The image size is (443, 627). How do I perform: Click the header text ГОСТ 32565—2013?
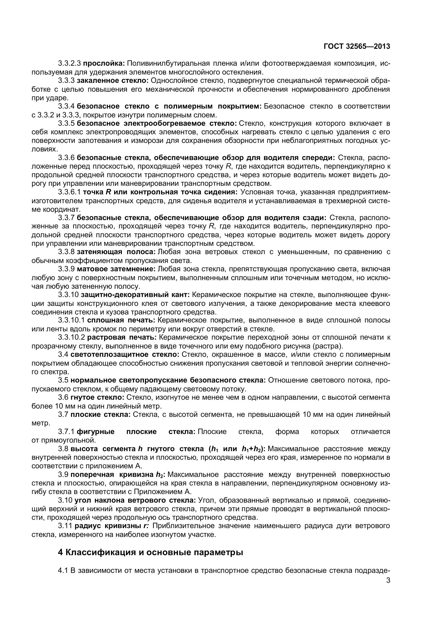point(357,46)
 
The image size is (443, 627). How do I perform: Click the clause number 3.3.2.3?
point(69,64)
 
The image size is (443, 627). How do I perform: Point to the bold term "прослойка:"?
point(104,64)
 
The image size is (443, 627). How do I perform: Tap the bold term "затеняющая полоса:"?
point(116,252)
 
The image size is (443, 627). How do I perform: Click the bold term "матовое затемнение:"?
point(116,269)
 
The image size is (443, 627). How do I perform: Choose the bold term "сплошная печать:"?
point(121,320)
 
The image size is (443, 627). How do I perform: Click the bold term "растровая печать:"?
point(122,337)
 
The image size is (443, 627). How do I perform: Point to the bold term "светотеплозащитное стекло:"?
point(124,354)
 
